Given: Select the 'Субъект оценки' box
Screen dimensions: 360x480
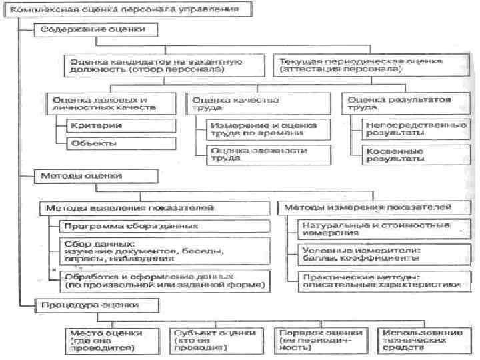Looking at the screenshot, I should tap(214, 341).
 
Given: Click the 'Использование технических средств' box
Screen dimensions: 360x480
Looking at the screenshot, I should tap(420, 341).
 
